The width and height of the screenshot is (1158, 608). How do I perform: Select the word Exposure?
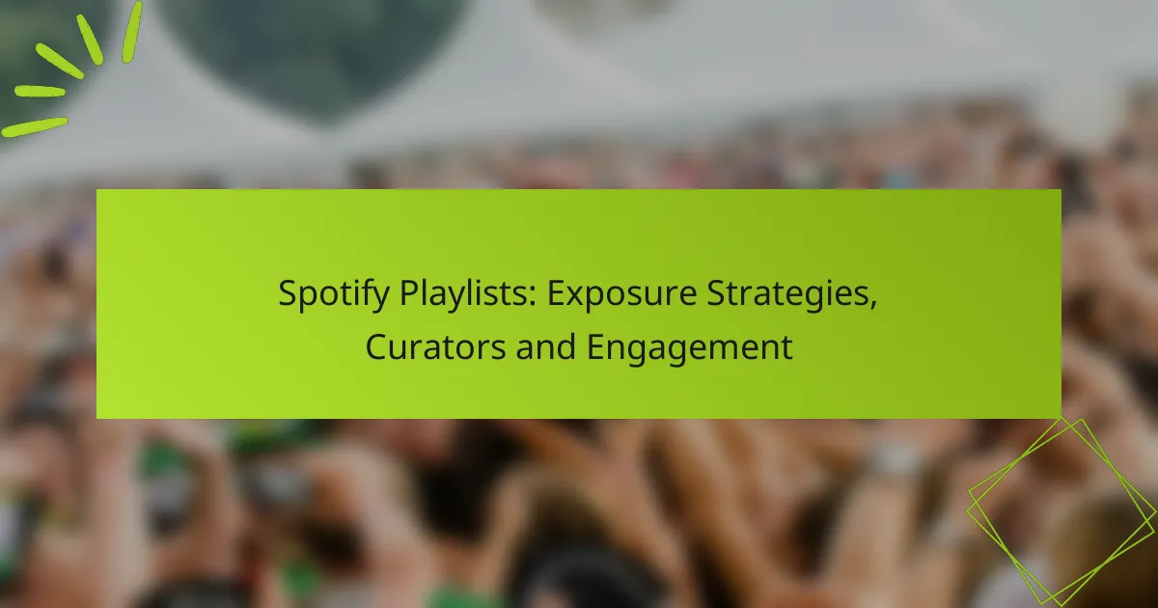621,294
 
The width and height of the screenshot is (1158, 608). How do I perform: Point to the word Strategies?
787,294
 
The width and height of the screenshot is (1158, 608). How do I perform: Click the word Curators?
435,346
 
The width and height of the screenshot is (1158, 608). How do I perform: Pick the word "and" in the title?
546,345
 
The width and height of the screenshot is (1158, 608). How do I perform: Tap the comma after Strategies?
873,306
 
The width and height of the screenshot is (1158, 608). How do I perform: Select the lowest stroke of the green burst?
34,127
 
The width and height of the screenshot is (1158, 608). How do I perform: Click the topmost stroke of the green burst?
132,31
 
